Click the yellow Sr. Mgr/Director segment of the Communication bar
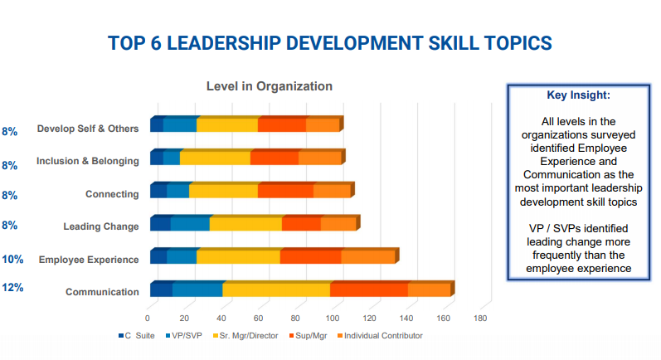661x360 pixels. coord(276,289)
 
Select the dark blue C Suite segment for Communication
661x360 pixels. coord(161,289)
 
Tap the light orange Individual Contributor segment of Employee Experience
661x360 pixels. coord(367,256)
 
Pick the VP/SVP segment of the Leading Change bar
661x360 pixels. coord(190,223)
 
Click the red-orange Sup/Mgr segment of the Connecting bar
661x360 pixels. coord(285,191)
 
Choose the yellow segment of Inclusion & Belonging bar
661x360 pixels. coord(215,158)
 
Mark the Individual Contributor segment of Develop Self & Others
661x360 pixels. coord(323,125)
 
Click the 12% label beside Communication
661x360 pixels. coord(12,288)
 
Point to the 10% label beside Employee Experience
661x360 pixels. coord(12,259)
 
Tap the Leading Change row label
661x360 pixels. coord(101,226)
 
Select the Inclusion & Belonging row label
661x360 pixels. coord(88,161)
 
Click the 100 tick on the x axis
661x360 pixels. coord(333,318)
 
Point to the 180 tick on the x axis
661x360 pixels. coord(480,318)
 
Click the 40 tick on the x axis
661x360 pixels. coord(221,318)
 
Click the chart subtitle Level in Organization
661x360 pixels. coord(269,86)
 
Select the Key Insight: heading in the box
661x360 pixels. coord(578,95)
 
